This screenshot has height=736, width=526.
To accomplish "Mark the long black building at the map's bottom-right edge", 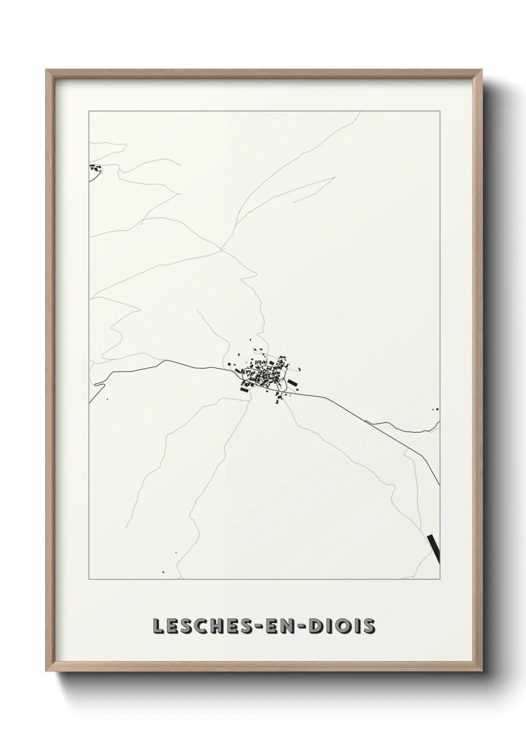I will pyautogui.click(x=434, y=548).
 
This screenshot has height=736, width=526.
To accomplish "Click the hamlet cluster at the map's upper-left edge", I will pyautogui.click(x=95, y=168).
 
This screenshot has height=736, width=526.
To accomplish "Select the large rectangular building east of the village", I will pyautogui.click(x=293, y=383).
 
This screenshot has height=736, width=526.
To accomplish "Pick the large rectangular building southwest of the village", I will pyautogui.click(x=244, y=389).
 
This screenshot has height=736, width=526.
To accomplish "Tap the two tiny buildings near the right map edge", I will pyautogui.click(x=437, y=409).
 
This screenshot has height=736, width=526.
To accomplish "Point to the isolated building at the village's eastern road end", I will pyautogui.click(x=300, y=369).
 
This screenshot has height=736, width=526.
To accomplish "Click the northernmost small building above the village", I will pyautogui.click(x=257, y=340).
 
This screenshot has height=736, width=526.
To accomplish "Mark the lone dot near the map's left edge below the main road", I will pyautogui.click(x=107, y=399).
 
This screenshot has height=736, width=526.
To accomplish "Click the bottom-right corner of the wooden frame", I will pyautogui.click(x=481, y=671).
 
